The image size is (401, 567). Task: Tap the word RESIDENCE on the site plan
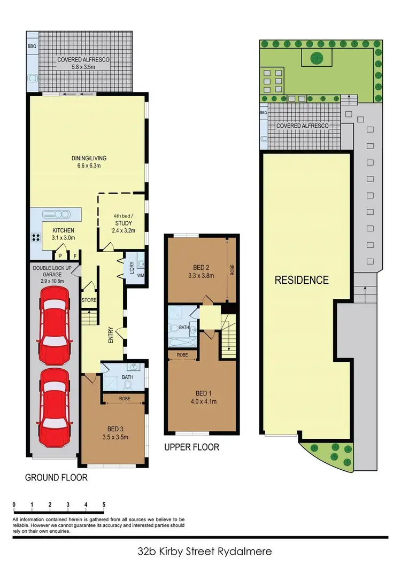tap(302, 279)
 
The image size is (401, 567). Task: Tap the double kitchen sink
tap(58, 214)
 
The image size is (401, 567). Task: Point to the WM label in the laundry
tap(141, 276)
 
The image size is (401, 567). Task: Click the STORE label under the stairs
tap(89, 300)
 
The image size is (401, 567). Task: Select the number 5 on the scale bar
tap(104, 504)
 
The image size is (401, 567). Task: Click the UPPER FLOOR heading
tap(191, 447)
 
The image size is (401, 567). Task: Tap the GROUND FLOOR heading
tap(56, 477)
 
